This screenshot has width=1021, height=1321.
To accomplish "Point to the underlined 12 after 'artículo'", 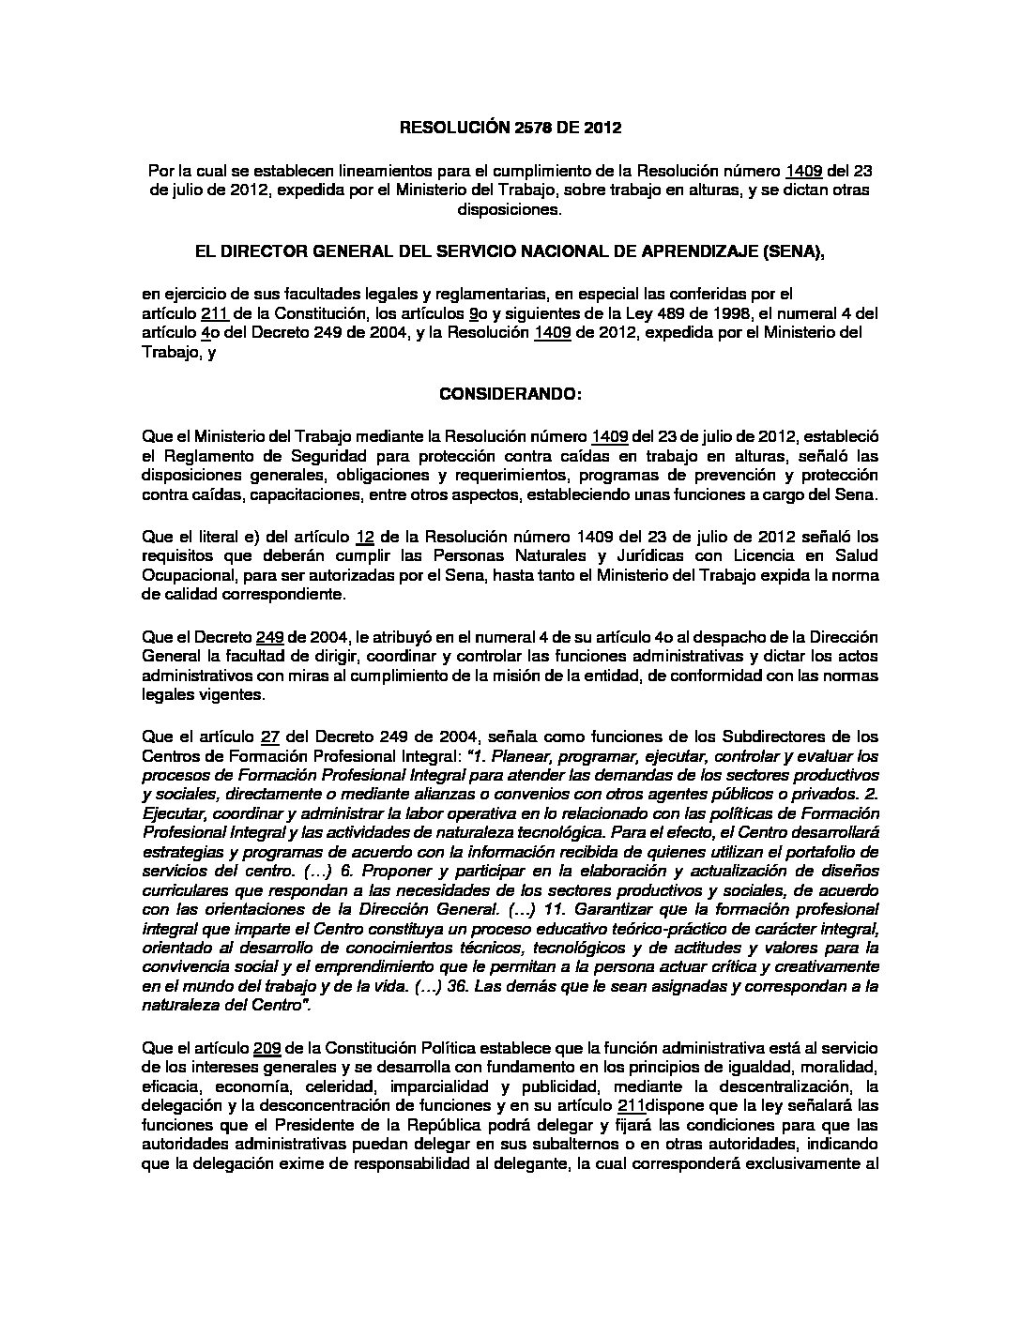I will click(x=366, y=538).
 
